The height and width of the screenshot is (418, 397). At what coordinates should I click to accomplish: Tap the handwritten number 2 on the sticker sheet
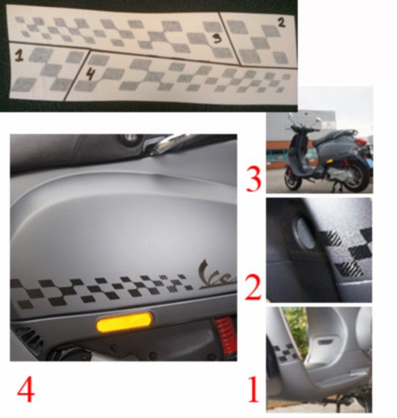pyautogui.click(x=281, y=22)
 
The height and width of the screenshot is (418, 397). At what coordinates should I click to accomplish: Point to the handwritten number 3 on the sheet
pyautogui.click(x=216, y=38)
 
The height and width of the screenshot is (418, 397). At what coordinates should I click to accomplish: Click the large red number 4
pyautogui.click(x=26, y=390)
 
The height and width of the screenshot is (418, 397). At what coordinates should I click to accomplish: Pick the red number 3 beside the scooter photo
pyautogui.click(x=252, y=178)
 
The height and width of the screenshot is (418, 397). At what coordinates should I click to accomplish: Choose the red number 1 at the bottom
pyautogui.click(x=252, y=390)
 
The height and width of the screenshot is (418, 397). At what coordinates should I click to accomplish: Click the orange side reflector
pyautogui.click(x=124, y=322)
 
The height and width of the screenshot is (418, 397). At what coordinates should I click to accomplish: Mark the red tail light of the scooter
pyautogui.click(x=360, y=141)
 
